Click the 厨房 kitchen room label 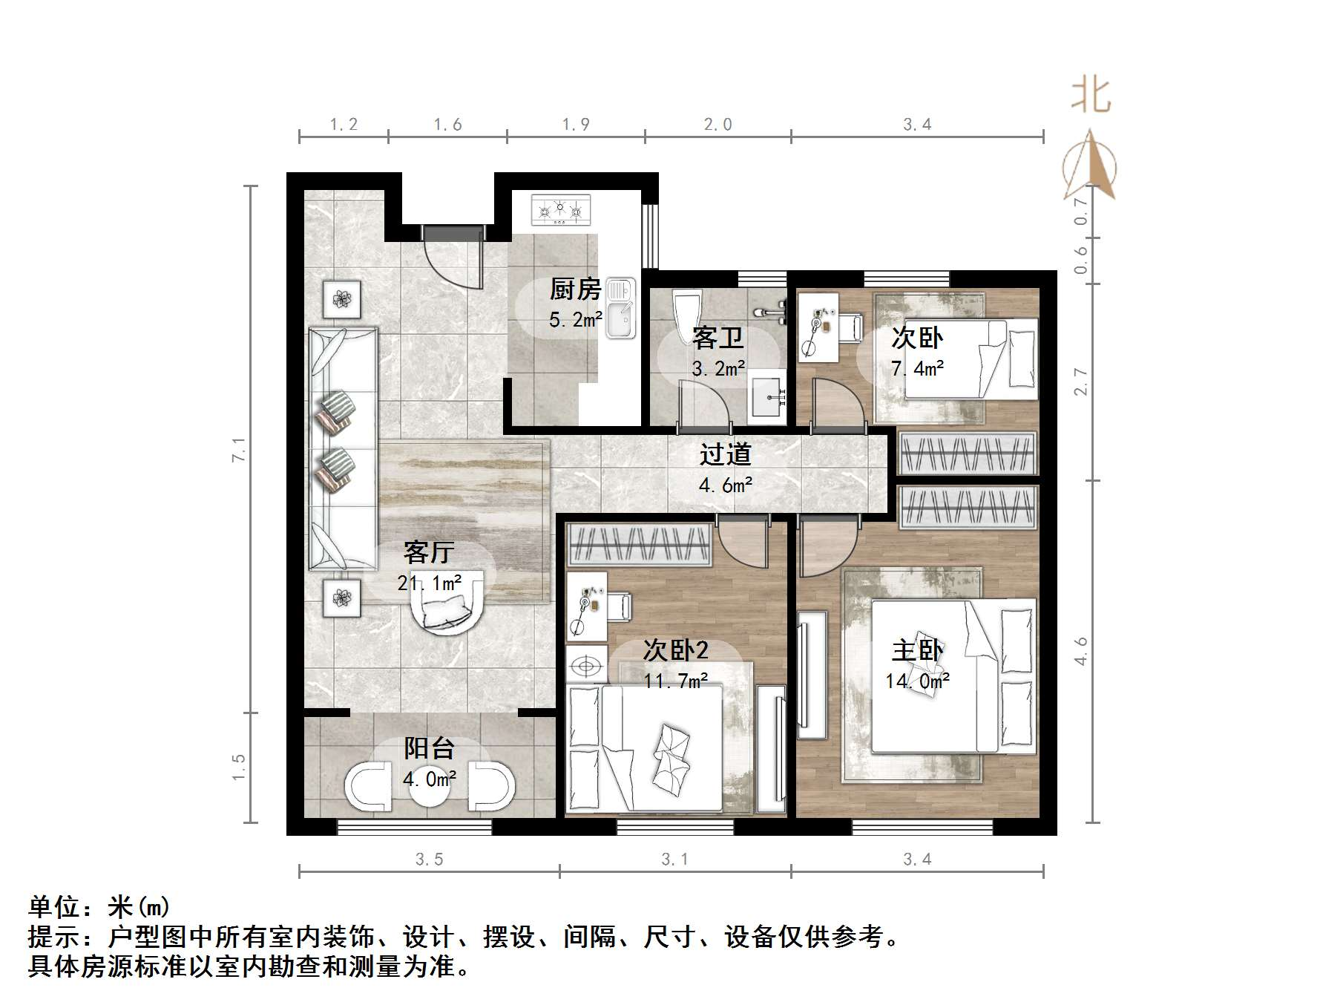[x=575, y=289]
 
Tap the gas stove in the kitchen [x=560, y=210]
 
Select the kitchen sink [x=620, y=309]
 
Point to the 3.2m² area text [x=718, y=368]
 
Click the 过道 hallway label [x=725, y=454]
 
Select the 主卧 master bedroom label [x=917, y=650]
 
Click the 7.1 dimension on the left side [x=239, y=450]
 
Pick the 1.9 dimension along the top [x=576, y=125]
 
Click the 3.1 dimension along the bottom [x=674, y=860]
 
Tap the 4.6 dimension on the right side [x=1081, y=651]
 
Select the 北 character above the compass [x=1090, y=96]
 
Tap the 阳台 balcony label [x=429, y=748]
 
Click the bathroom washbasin [x=766, y=399]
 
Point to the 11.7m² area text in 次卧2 [x=675, y=681]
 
